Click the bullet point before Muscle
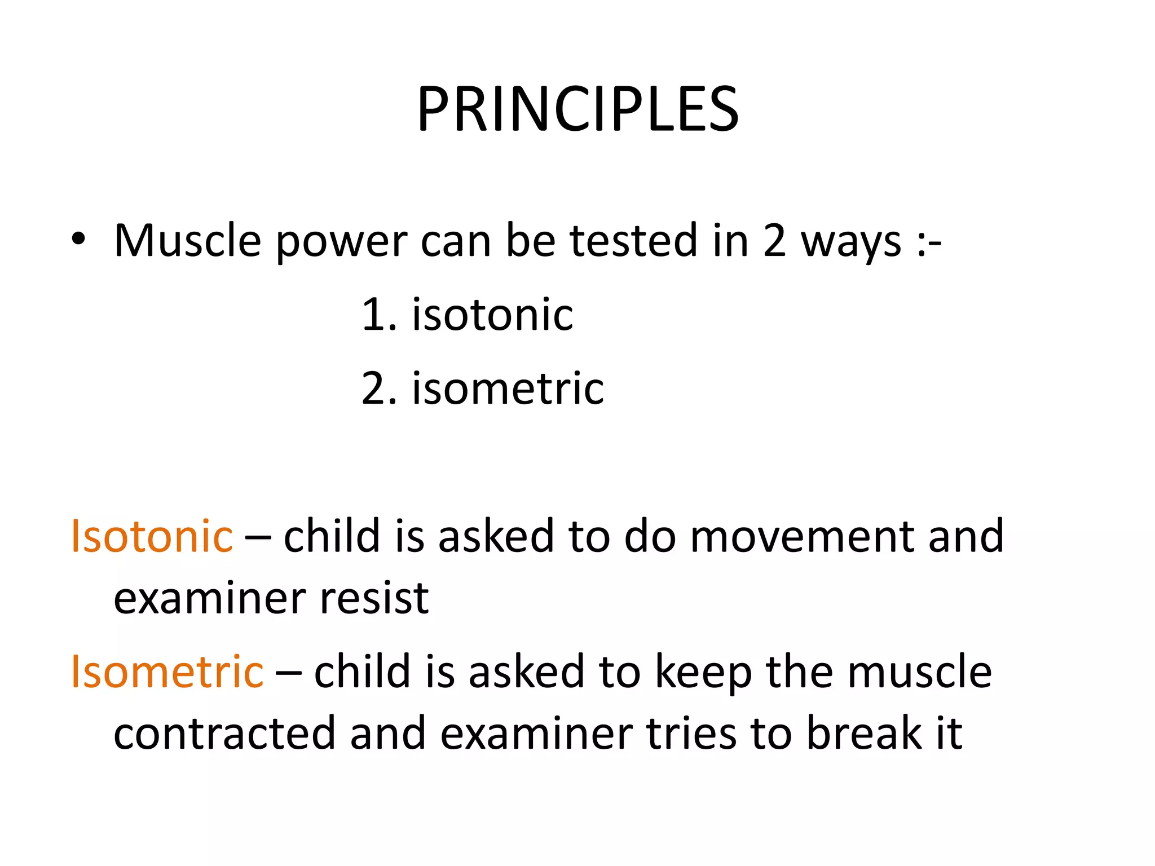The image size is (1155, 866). (78, 240)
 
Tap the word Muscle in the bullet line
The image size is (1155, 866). (187, 241)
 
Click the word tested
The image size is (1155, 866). (633, 241)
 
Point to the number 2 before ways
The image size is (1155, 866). (774, 241)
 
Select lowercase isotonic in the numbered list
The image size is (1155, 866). (492, 315)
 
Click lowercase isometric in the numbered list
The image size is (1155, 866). (508, 389)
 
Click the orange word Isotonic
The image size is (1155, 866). (151, 536)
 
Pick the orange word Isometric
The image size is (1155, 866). (167, 672)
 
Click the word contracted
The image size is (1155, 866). (224, 734)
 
